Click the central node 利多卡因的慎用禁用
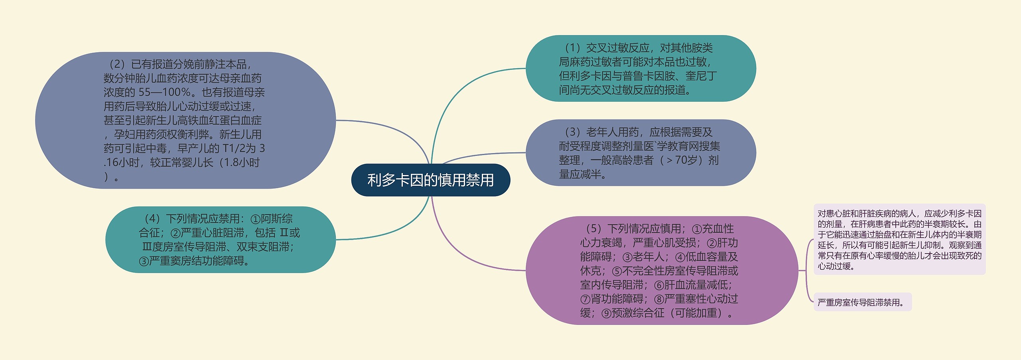coord(430,180)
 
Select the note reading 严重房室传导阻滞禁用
coord(862,303)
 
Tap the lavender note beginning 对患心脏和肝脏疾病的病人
coord(899,240)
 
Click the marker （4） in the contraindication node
coord(152,219)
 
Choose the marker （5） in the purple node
coord(593,229)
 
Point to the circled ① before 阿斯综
coord(255,219)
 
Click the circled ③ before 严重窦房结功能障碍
coord(144,262)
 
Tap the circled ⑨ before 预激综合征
coord(606,313)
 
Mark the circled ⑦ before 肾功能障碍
coord(585,299)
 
